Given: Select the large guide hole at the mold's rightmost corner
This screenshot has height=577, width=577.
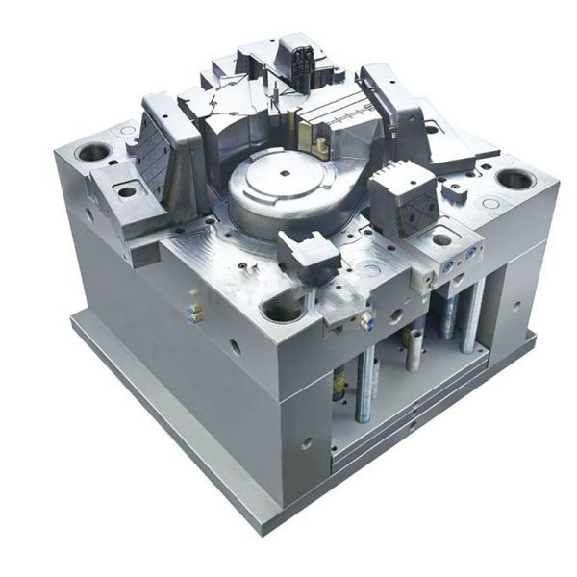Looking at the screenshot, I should coord(515,180).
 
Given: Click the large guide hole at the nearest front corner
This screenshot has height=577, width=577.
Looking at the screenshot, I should coord(280,309).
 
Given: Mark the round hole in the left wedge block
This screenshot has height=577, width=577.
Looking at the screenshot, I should coord(127,191).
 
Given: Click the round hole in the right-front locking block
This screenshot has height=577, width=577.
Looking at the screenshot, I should coord(440,239).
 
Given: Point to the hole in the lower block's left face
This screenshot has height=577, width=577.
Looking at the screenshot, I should coord(306,444).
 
